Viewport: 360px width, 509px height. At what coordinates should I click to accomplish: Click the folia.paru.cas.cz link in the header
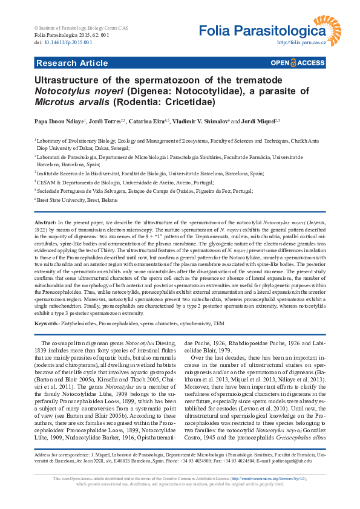301,43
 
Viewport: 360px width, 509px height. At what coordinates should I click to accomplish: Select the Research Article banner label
72,63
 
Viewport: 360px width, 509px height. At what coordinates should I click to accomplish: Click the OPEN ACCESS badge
298,63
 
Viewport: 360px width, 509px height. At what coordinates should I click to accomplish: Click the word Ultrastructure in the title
70,80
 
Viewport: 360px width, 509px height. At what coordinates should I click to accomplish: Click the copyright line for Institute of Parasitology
81,28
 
